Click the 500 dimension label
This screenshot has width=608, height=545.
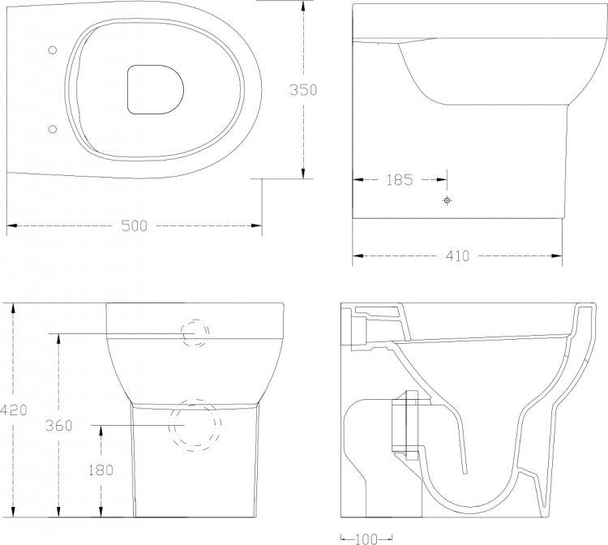(134, 225)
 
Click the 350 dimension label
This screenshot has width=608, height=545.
(303, 89)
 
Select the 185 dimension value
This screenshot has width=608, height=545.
(400, 179)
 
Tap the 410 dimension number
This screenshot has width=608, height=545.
(457, 256)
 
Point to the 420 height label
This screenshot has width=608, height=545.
(14, 410)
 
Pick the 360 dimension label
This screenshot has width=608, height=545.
(58, 426)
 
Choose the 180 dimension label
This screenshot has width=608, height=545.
(101, 470)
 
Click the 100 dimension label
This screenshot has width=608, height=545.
(366, 539)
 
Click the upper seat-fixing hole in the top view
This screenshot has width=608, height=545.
(53, 49)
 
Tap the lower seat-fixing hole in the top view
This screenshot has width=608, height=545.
(53, 129)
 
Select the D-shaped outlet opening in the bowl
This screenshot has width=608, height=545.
(155, 89)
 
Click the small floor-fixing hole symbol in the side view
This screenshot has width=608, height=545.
(447, 200)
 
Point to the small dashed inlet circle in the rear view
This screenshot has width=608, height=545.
(196, 333)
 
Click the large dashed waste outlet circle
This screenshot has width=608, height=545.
(195, 426)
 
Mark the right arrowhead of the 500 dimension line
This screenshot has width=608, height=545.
(257, 225)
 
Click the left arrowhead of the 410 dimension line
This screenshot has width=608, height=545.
(358, 255)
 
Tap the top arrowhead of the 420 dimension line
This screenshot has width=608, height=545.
(13, 308)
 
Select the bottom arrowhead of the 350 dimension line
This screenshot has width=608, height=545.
(303, 174)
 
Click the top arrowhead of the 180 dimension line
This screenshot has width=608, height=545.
(101, 431)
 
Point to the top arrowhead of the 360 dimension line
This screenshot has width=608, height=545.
(58, 339)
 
